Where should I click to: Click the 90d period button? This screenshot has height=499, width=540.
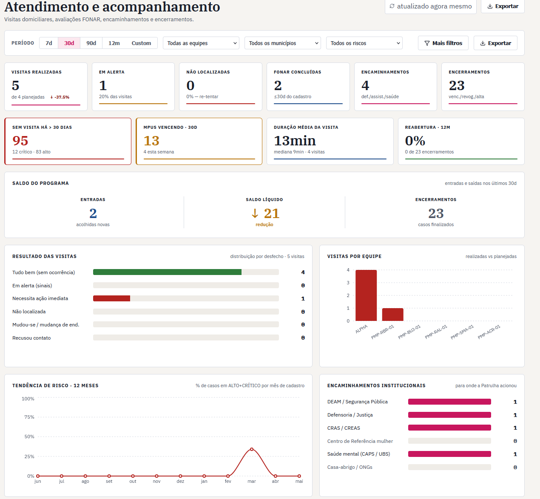click(x=91, y=43)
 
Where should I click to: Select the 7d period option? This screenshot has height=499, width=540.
click(x=48, y=43)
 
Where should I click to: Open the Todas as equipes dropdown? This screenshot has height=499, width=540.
click(x=201, y=43)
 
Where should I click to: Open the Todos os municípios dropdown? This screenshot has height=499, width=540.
click(x=282, y=43)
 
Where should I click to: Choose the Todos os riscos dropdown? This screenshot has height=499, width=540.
click(x=364, y=43)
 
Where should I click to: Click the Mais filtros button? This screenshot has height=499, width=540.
click(x=443, y=43)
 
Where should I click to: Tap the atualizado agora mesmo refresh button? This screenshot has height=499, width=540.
click(x=430, y=6)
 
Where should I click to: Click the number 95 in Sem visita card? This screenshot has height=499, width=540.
click(x=20, y=141)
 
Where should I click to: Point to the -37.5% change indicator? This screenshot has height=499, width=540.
click(x=60, y=97)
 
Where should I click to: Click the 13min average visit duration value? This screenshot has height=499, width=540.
click(x=295, y=141)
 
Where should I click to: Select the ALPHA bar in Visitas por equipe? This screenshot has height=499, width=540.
click(x=366, y=295)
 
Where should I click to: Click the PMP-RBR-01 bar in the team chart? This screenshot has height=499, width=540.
click(x=392, y=315)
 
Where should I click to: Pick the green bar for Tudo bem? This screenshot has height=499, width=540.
click(x=167, y=272)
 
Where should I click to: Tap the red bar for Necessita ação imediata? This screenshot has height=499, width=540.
click(x=111, y=298)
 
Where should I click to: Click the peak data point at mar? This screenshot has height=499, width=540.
click(x=252, y=449)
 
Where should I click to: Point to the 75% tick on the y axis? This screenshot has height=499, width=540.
click(x=29, y=417)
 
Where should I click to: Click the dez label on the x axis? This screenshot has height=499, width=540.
click(x=180, y=481)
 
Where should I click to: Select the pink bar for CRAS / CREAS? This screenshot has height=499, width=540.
click(x=449, y=428)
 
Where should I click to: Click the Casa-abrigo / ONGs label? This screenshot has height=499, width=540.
click(x=350, y=467)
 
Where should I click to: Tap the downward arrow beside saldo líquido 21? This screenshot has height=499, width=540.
click(x=255, y=213)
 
